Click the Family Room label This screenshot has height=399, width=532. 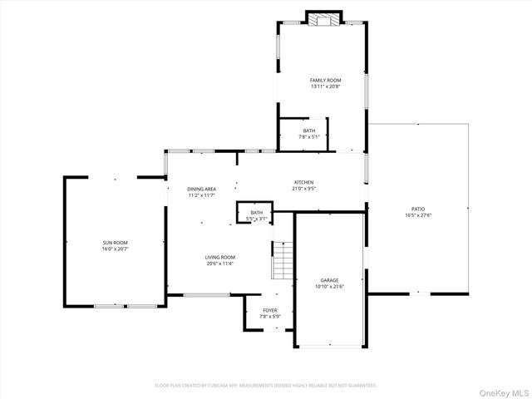coord(325,80)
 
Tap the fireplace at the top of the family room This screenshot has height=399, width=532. coord(324,18)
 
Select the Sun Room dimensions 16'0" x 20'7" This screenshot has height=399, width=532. coord(116,249)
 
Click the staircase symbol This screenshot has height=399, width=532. coord(283,260)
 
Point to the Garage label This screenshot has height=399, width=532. coord(329,280)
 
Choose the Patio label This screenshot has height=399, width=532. coord(418,209)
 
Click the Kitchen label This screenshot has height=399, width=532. coord(303,182)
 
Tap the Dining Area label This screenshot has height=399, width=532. coord(201,189)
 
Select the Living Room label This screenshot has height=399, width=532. coord(220,258)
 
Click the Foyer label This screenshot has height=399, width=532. coord(271,310)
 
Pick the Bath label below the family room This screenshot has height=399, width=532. coord(309,131)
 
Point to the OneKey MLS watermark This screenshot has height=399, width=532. coord(502,392)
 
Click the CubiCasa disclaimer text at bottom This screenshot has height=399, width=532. coord(266,386)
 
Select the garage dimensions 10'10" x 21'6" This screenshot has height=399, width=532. coord(329,287)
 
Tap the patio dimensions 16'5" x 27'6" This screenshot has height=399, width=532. coord(418,215)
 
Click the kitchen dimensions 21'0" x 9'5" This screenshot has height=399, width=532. coord(303,189)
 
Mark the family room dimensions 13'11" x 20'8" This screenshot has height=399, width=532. coord(325,86)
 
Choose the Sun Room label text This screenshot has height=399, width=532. coord(116,242)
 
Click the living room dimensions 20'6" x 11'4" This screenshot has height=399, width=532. coord(220,264)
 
